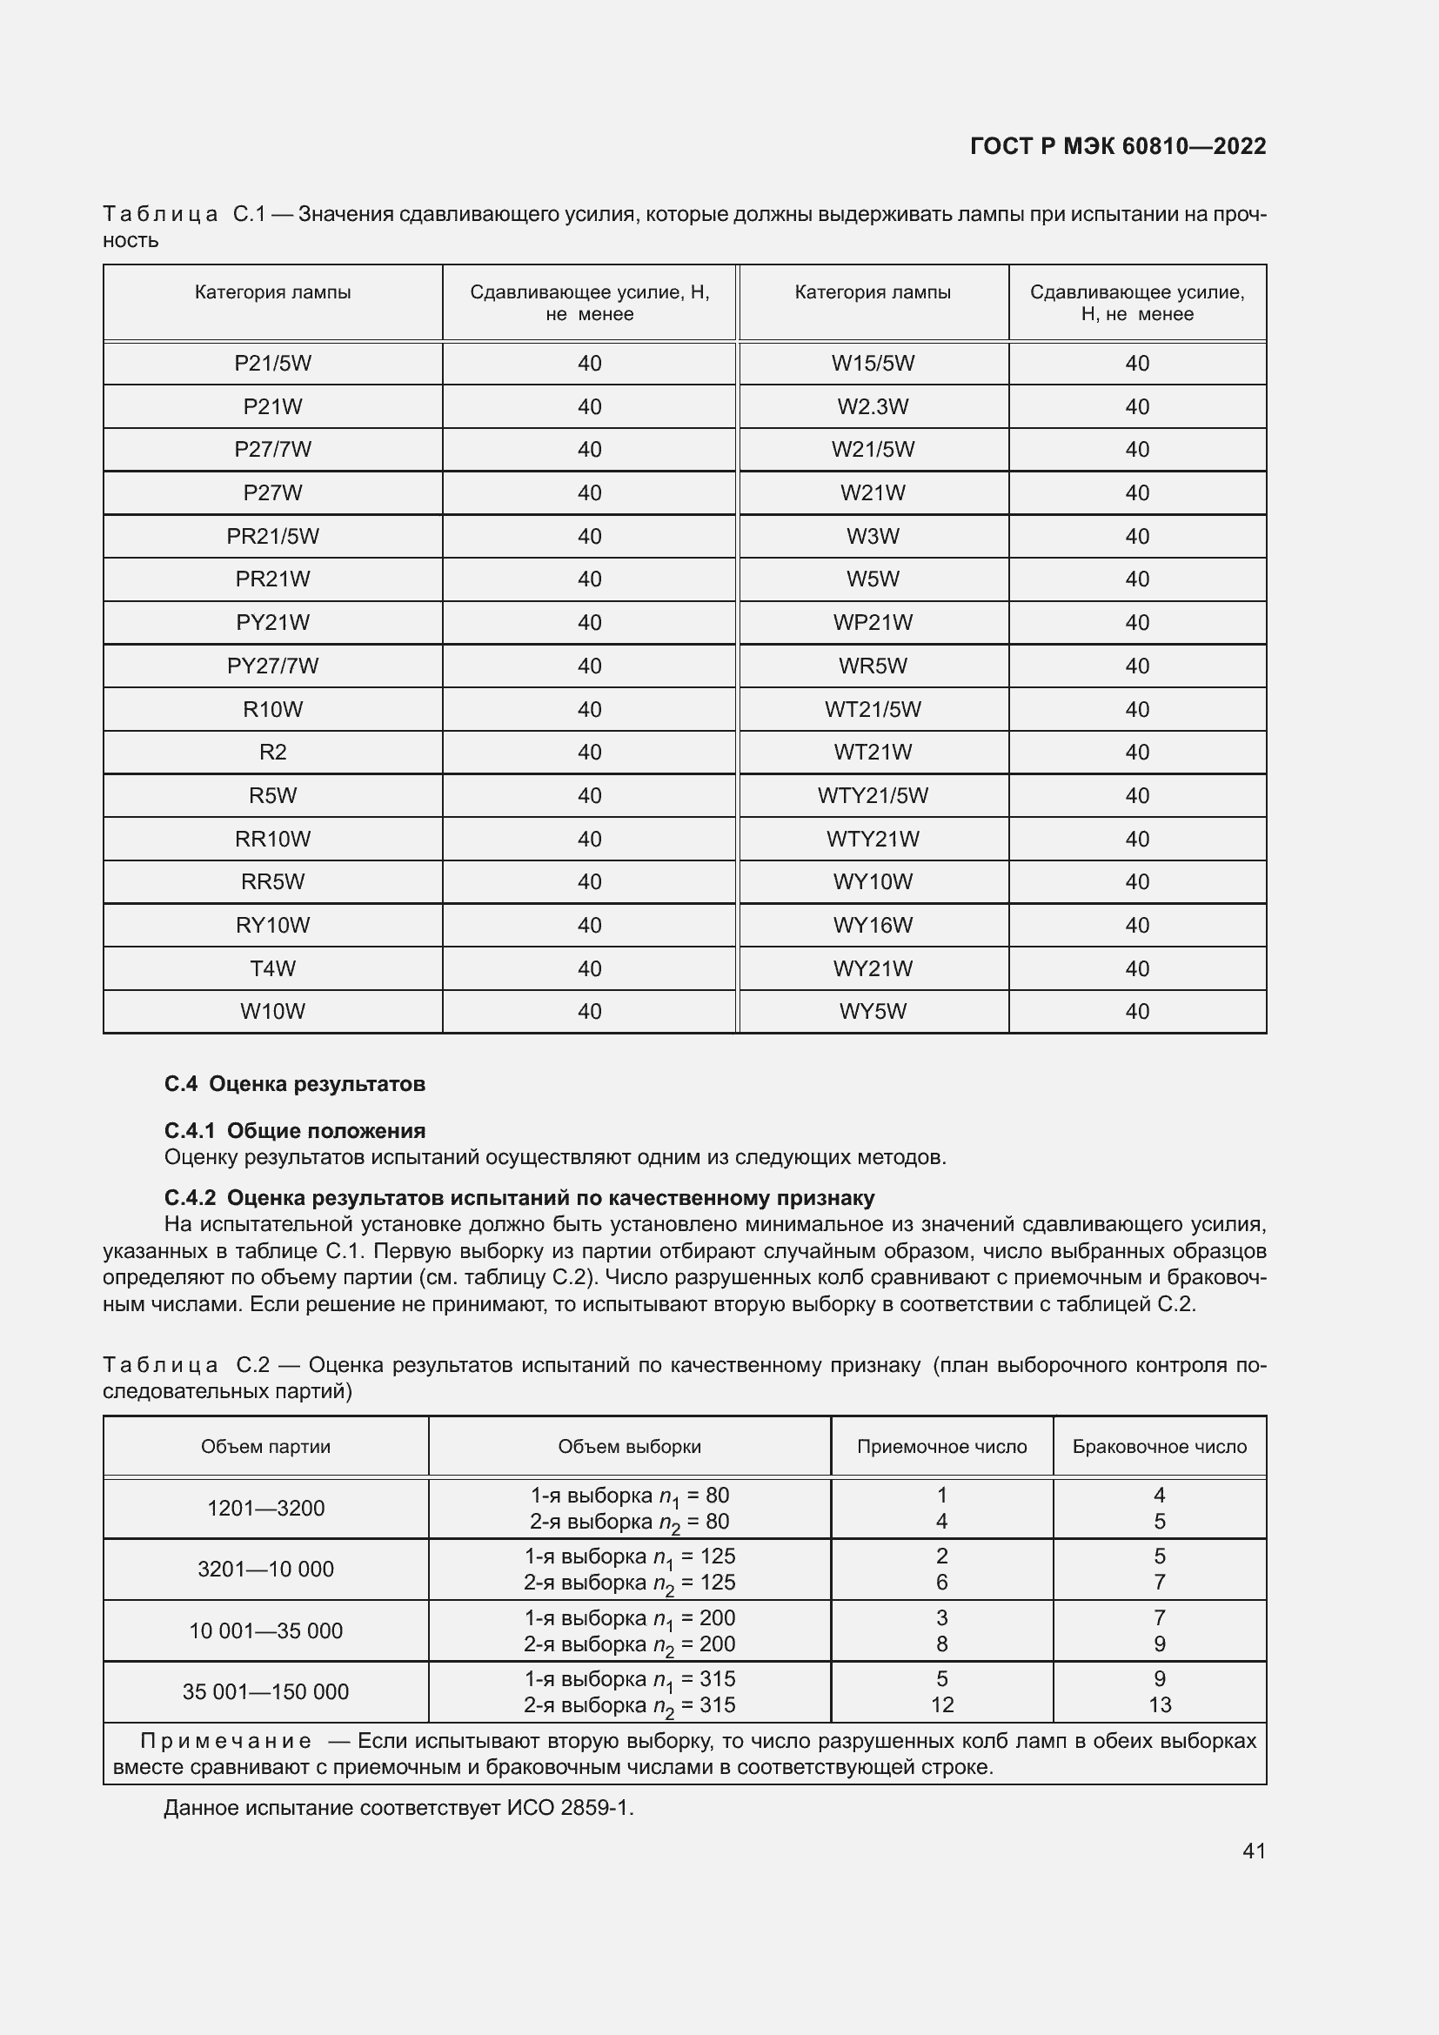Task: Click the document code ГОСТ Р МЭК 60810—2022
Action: tap(1117, 146)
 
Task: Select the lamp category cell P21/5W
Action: tap(272, 364)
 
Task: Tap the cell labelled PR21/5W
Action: tap(272, 536)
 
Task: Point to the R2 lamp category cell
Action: tap(272, 753)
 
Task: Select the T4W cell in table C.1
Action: tap(272, 967)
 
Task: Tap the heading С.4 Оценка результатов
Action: tap(294, 1084)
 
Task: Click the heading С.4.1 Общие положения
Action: tap(294, 1130)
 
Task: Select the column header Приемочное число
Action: tap(941, 1447)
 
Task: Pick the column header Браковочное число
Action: tap(1158, 1447)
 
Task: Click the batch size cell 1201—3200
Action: tap(266, 1508)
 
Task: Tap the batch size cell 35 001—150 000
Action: tap(266, 1691)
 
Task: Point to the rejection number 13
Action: tap(1159, 1704)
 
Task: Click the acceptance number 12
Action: tap(941, 1704)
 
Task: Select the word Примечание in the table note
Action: tap(225, 1741)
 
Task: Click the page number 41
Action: tap(1253, 1851)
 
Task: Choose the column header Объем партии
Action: tap(266, 1447)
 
